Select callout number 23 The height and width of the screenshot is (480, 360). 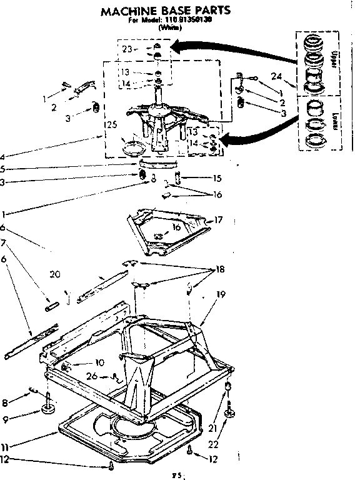127,49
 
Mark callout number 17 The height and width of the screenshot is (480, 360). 218,219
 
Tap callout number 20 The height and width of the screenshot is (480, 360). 55,273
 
